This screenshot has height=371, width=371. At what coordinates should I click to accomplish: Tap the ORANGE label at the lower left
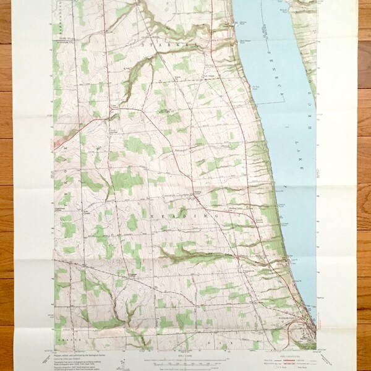(x=67, y=339)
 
